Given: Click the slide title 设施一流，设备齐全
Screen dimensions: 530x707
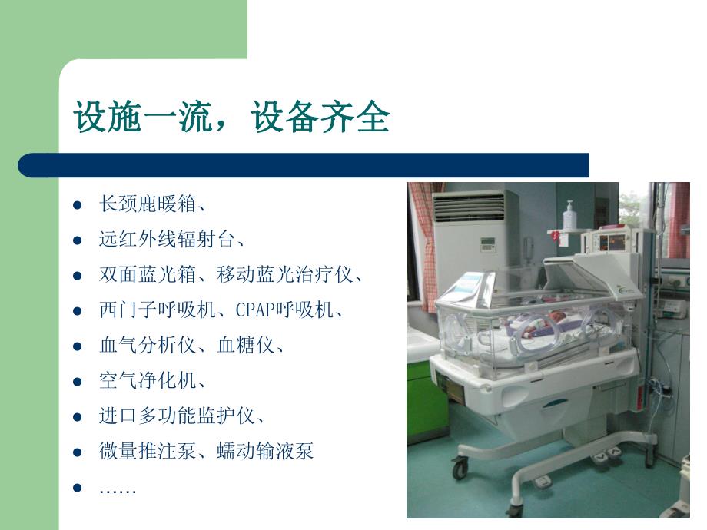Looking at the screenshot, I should [x=231, y=119].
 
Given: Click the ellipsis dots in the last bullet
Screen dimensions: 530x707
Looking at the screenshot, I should [x=118, y=489].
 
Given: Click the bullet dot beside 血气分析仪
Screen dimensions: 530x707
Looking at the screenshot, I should [x=77, y=346].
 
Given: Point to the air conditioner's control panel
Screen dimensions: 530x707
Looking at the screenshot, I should [x=489, y=245].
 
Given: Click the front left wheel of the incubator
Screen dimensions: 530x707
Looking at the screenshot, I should [x=460, y=466].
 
